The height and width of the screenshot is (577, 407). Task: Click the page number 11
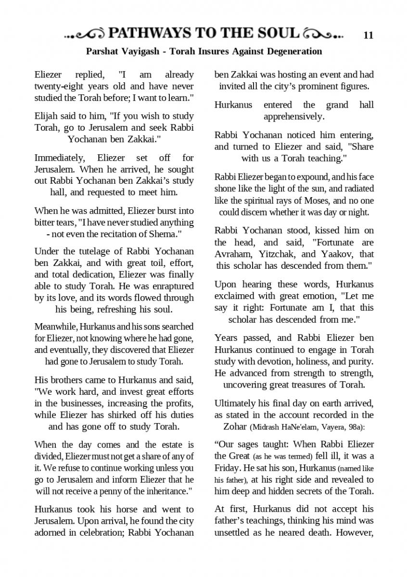coord(369,35)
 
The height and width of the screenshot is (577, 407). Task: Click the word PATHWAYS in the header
coord(149,34)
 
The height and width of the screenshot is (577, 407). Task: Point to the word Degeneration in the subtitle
coord(294,51)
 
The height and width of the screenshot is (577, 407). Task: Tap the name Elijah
coord(46,116)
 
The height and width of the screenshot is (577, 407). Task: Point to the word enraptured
coord(173,287)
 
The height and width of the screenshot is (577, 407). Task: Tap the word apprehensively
coord(294,116)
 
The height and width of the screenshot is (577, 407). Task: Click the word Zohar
coord(236,426)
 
